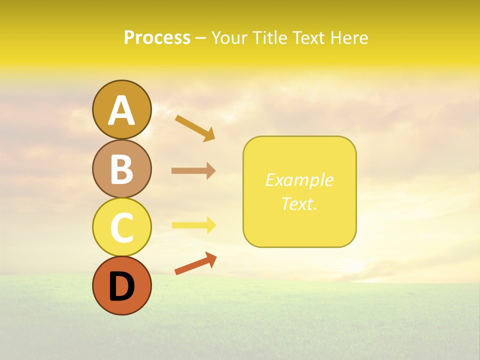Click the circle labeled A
coord(121,109)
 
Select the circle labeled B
coord(121,168)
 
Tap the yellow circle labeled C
coord(121,227)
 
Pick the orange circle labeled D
coord(121,285)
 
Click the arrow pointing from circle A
coord(194,127)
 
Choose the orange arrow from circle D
coord(195,264)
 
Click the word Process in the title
coord(157,37)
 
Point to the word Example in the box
coord(299,180)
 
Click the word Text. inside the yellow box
coord(299,203)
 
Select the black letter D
coord(121,286)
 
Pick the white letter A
coord(121,110)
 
